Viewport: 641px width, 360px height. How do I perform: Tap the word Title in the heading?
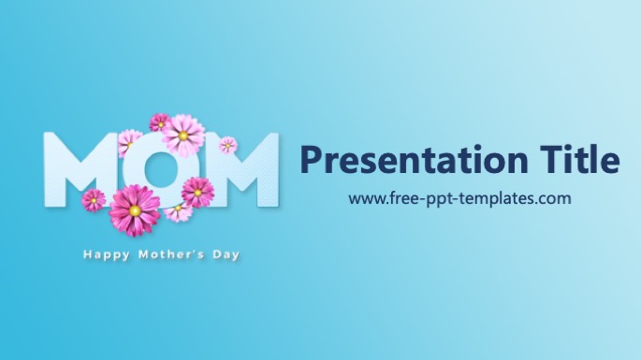point(579,159)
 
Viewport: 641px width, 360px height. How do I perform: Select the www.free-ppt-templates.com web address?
point(459,198)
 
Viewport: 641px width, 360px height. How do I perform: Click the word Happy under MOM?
point(107,255)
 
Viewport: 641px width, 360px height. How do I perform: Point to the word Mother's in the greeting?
point(171,255)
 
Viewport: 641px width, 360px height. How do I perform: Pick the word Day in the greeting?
point(226,255)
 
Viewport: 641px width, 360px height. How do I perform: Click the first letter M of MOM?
point(77,169)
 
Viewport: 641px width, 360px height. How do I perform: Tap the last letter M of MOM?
point(240,169)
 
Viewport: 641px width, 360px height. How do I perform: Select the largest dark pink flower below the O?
point(135,210)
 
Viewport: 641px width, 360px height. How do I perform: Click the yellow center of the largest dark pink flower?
point(135,210)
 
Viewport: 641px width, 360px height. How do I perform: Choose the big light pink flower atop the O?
point(183,136)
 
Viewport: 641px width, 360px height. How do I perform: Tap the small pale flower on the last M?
point(227,145)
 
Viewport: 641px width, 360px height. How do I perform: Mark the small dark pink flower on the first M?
point(94,200)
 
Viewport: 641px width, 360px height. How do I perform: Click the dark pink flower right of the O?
point(197,193)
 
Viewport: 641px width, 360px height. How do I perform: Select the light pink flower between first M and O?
point(129,143)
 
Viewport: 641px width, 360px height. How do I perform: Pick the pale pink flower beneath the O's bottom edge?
point(178,211)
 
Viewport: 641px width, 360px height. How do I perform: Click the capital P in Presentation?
point(312,159)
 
